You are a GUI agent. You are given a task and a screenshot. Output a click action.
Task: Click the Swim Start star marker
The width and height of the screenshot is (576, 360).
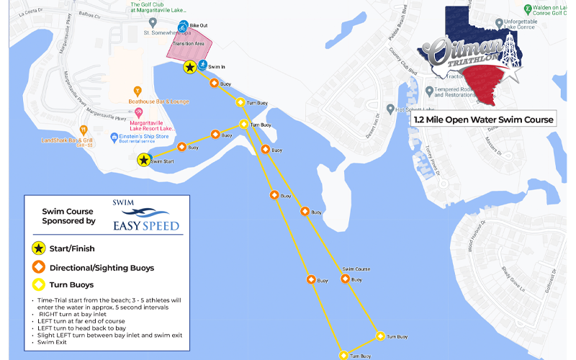[x=144, y=160]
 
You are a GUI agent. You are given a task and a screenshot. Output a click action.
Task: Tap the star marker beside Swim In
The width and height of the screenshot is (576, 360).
[x=189, y=67]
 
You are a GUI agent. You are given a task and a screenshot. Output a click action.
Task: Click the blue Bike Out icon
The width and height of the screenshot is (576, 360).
[x=183, y=27]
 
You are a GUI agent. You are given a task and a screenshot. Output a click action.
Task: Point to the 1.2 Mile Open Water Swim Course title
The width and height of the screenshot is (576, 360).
[x=483, y=120]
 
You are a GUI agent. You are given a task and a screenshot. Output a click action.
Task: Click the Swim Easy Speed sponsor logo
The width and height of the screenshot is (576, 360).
[x=140, y=217]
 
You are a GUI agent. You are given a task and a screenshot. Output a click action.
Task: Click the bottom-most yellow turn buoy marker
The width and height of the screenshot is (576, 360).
[x=344, y=355]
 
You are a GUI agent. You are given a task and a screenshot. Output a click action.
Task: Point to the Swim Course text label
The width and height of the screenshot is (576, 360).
[x=356, y=269]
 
